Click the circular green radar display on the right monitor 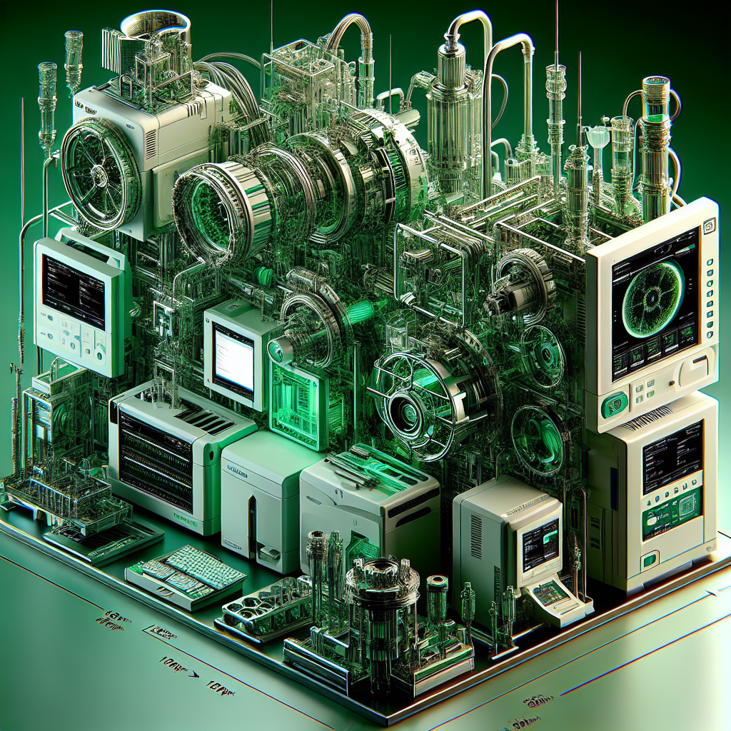tap(653, 296)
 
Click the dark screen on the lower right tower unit tap(672, 457)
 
